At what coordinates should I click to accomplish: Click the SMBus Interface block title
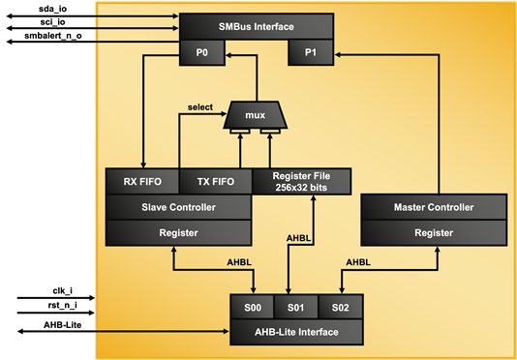click(x=256, y=27)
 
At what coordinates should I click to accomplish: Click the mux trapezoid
click(x=255, y=115)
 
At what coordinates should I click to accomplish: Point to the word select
click(x=201, y=106)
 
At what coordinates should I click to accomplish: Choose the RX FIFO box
click(x=141, y=181)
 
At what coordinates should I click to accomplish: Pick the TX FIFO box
click(x=215, y=181)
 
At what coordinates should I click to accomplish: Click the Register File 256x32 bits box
click(x=301, y=181)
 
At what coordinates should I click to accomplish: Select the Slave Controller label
click(x=178, y=207)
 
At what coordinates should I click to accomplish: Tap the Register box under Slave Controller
click(x=178, y=233)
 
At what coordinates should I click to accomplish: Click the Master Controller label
click(x=433, y=207)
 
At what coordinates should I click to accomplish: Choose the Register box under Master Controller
click(x=433, y=233)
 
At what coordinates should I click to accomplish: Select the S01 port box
click(x=295, y=309)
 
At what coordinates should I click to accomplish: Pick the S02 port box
click(x=340, y=309)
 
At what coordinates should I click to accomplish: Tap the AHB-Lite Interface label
click(x=295, y=333)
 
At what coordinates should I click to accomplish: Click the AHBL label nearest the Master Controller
click(x=358, y=262)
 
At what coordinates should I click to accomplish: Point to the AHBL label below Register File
click(x=300, y=238)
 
